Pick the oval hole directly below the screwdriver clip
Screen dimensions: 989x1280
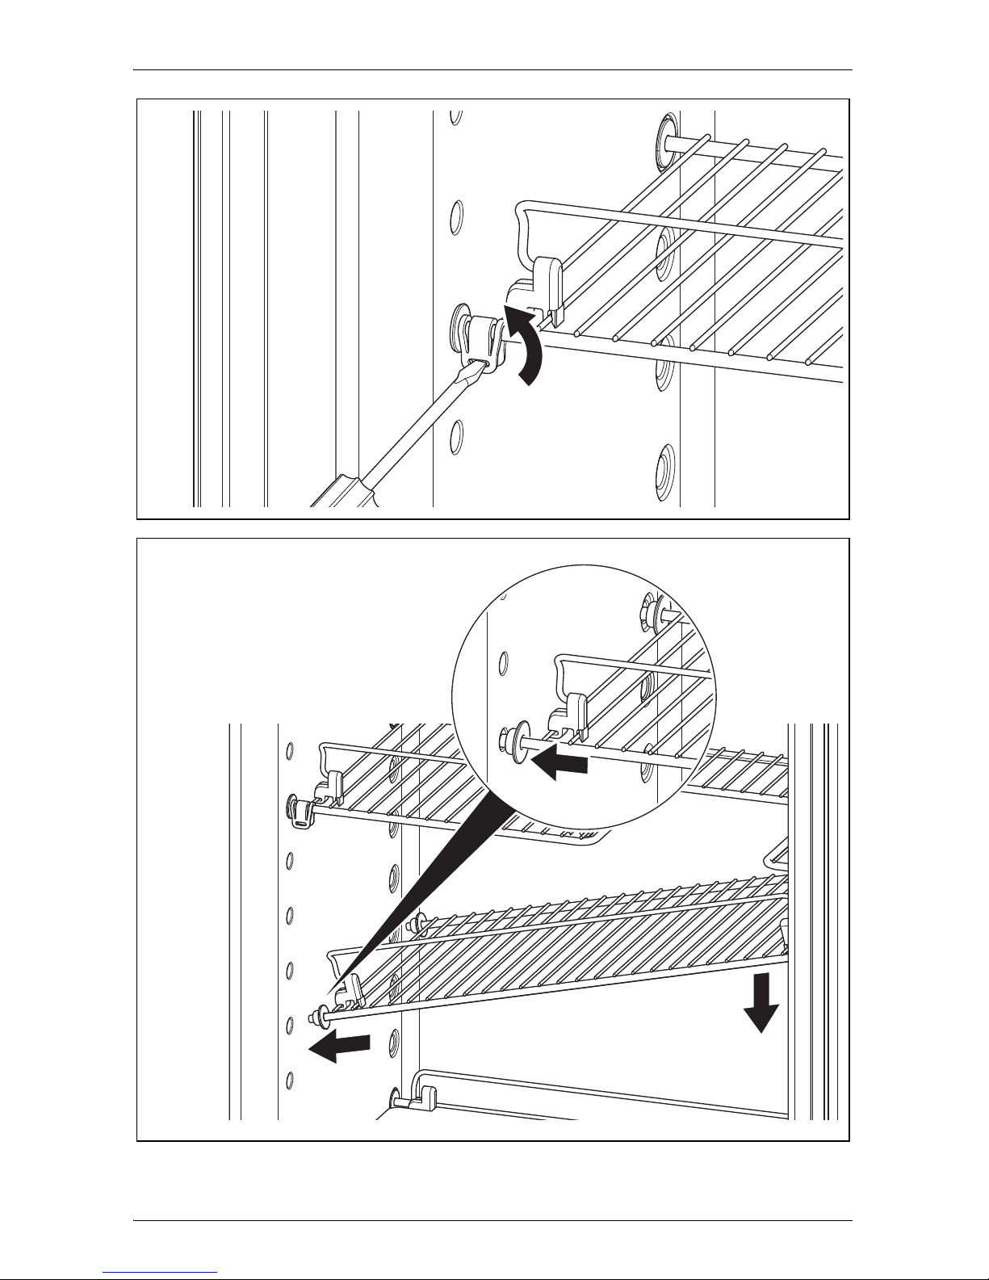click(x=456, y=436)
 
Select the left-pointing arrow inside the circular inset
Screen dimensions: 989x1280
click(x=559, y=763)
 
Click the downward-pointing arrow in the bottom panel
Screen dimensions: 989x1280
click(x=761, y=1002)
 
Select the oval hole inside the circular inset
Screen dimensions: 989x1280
click(x=502, y=664)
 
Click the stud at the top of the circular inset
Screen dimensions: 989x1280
click(x=650, y=606)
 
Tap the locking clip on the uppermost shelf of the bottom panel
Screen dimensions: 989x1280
click(x=303, y=810)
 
